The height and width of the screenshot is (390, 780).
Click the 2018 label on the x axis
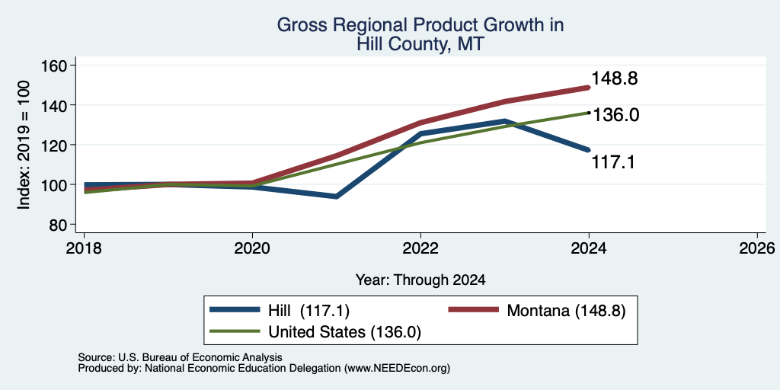coord(84,248)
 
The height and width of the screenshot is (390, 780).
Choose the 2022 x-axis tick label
coord(420,248)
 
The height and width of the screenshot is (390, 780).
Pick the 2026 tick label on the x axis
coord(757,248)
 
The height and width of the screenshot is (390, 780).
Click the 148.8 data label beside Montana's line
coord(615,78)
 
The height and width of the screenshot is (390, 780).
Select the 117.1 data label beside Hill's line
coord(613,162)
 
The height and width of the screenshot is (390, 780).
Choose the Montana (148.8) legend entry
coord(537,311)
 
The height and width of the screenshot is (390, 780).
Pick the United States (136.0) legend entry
coord(316,332)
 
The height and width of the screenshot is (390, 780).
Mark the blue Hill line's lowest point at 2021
coord(337,197)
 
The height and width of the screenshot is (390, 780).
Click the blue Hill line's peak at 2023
coord(505,121)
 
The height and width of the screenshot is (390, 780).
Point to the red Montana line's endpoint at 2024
coord(589,88)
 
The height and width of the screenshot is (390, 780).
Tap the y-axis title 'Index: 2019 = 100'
coord(24,145)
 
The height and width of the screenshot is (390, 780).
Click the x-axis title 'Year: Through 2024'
coord(420,280)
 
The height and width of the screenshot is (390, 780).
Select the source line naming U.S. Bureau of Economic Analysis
coord(180,357)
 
